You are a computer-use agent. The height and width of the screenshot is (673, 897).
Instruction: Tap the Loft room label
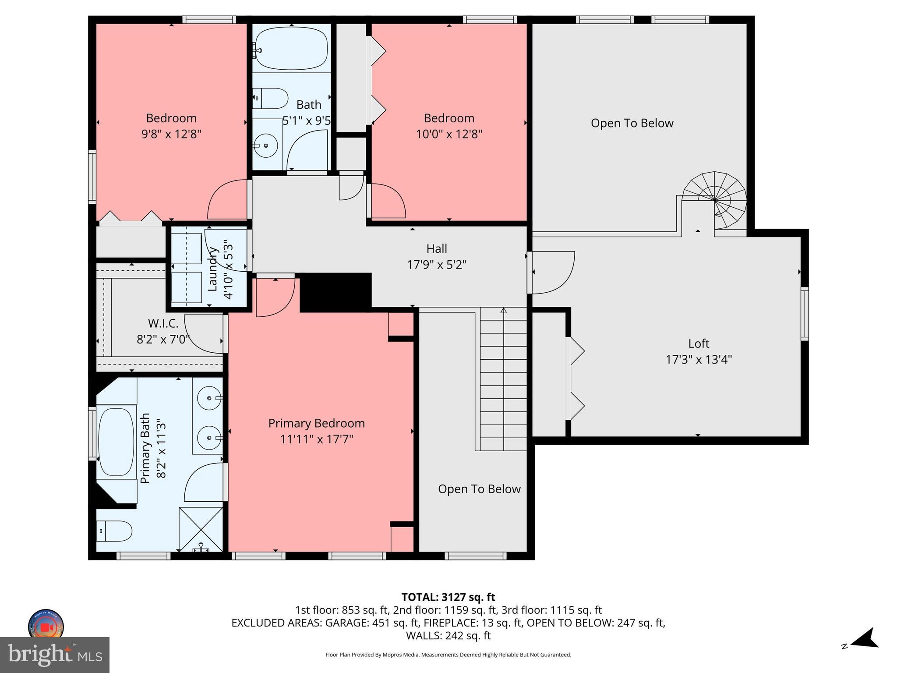pyautogui.click(x=698, y=344)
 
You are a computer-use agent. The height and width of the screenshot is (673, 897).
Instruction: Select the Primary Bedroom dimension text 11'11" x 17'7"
pyautogui.click(x=316, y=439)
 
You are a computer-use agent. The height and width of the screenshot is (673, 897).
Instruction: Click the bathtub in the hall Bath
pyautogui.click(x=292, y=48)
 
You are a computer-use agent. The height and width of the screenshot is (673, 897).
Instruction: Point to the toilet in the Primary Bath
pyautogui.click(x=113, y=531)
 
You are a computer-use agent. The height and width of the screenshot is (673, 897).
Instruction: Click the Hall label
pyautogui.click(x=436, y=249)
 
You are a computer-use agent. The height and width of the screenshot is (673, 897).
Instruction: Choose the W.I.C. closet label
pyautogui.click(x=163, y=324)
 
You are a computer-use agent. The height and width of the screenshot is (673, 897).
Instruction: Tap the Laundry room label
pyautogui.click(x=213, y=269)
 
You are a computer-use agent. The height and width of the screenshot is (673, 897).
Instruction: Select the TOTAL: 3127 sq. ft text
pyautogui.click(x=448, y=597)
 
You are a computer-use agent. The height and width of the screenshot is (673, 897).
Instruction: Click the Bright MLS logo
pyautogui.click(x=54, y=655)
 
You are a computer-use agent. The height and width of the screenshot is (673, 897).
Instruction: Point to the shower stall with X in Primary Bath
pyautogui.click(x=201, y=529)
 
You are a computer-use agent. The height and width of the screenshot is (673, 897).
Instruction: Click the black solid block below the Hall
pyautogui.click(x=335, y=292)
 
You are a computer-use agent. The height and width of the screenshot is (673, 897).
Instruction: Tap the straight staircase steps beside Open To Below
pyautogui.click(x=503, y=379)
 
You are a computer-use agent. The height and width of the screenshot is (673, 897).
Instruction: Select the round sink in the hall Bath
pyautogui.click(x=265, y=145)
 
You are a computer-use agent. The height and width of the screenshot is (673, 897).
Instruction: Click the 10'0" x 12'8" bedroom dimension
pyautogui.click(x=448, y=134)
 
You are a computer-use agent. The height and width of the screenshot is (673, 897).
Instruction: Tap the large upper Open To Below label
pyautogui.click(x=632, y=123)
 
